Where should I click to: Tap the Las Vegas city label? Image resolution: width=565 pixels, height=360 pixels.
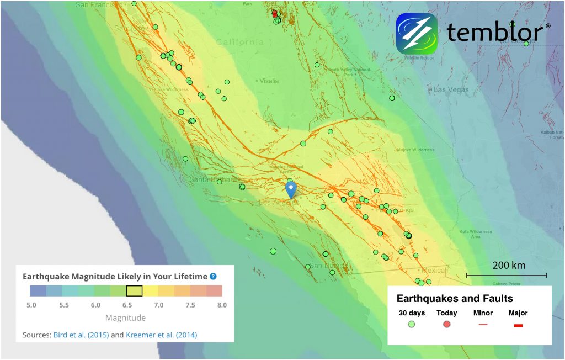tap(451, 90)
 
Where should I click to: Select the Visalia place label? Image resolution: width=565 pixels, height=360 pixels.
tap(269, 81)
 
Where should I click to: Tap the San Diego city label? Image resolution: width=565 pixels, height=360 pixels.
tap(323, 266)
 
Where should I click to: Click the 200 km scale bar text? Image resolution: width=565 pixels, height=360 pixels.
tap(509, 265)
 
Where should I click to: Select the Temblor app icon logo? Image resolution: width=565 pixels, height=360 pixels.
tap(417, 33)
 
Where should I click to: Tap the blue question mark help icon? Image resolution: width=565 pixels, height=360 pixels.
tap(213, 277)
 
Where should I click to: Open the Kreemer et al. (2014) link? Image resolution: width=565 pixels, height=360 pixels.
tap(161, 335)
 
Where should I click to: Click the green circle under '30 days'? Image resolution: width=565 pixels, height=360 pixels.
tap(412, 324)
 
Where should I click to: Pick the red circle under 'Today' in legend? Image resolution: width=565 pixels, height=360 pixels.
tap(447, 324)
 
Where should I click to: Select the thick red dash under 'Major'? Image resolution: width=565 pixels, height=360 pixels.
tap(518, 325)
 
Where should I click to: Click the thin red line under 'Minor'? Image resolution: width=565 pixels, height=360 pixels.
tap(483, 325)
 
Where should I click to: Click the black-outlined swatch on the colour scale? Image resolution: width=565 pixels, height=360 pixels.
tap(134, 291)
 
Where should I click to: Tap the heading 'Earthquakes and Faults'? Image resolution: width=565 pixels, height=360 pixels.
tap(455, 299)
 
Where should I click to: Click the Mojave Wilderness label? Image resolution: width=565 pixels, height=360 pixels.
tap(415, 150)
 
